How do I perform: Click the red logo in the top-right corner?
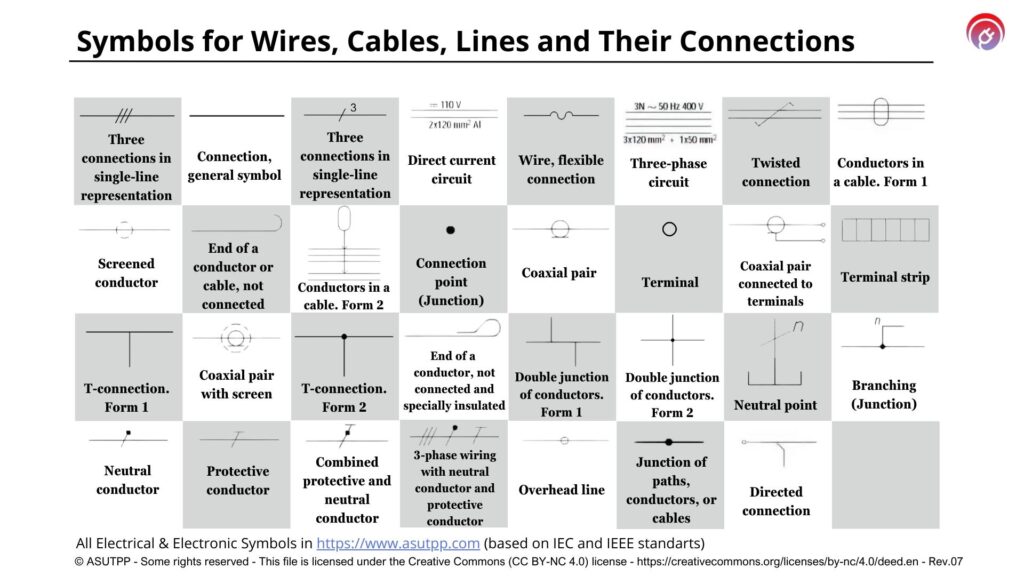click(x=985, y=31)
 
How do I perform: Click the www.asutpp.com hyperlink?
click(x=398, y=543)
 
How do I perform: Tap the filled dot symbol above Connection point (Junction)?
click(x=451, y=230)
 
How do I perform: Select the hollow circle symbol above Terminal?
click(x=669, y=229)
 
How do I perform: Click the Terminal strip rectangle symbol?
click(x=885, y=230)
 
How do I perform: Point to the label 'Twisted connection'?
click(x=776, y=172)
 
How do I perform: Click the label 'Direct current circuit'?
click(x=452, y=169)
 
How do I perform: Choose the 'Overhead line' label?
click(x=561, y=490)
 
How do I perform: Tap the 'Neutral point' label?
click(x=775, y=405)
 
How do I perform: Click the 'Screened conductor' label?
click(x=126, y=273)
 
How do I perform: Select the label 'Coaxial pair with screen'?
click(x=236, y=385)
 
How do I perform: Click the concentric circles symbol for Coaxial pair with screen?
click(x=236, y=338)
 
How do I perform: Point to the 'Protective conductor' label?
click(x=237, y=480)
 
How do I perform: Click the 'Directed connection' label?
click(x=776, y=501)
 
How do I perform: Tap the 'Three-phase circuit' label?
click(x=668, y=172)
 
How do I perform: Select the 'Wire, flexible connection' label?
click(x=561, y=169)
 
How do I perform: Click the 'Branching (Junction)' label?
click(x=884, y=394)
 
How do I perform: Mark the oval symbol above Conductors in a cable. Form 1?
click(x=881, y=112)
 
